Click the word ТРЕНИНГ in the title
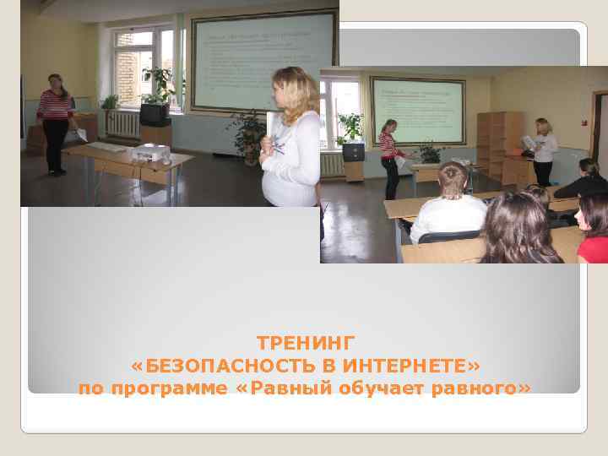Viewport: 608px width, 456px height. (307, 343)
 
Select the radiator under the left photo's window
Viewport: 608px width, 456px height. (122, 124)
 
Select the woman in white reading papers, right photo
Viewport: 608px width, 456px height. (542, 152)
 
